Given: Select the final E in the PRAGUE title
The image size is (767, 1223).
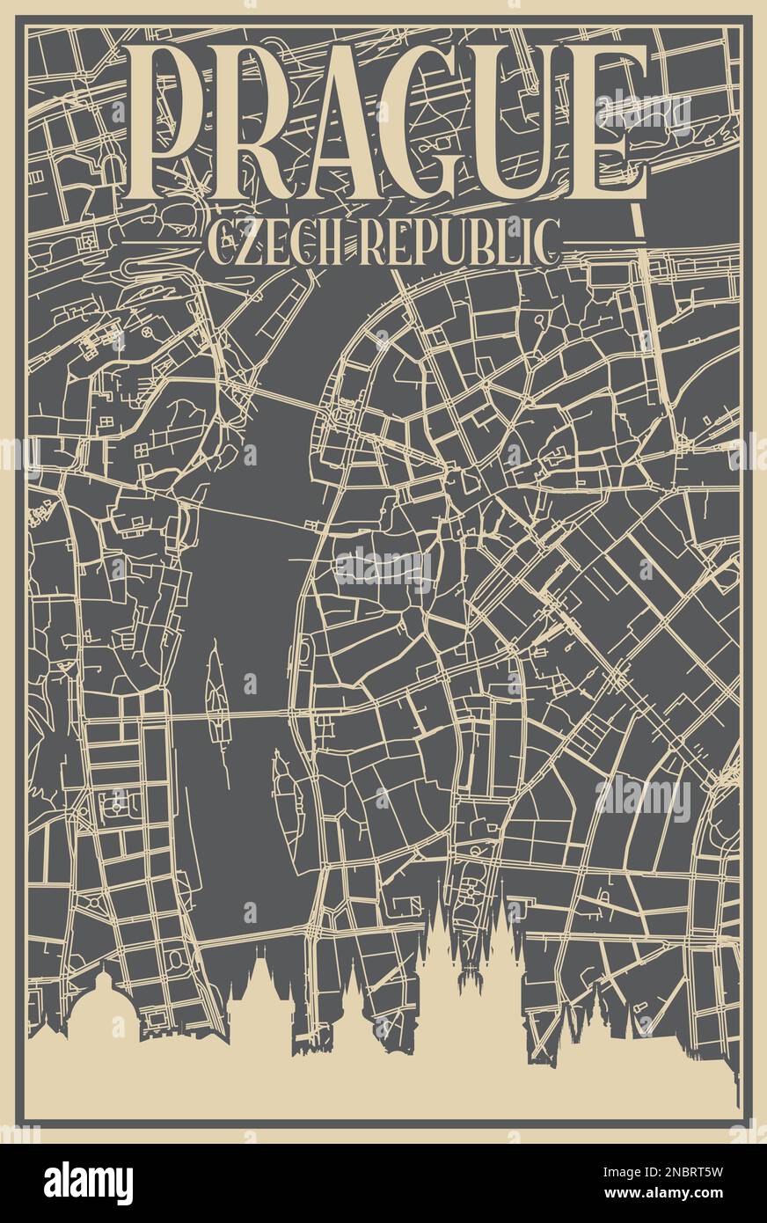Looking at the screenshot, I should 609,123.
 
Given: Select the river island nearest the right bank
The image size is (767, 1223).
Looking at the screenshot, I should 287,792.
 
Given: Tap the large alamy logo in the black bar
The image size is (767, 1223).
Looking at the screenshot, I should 88,1183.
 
